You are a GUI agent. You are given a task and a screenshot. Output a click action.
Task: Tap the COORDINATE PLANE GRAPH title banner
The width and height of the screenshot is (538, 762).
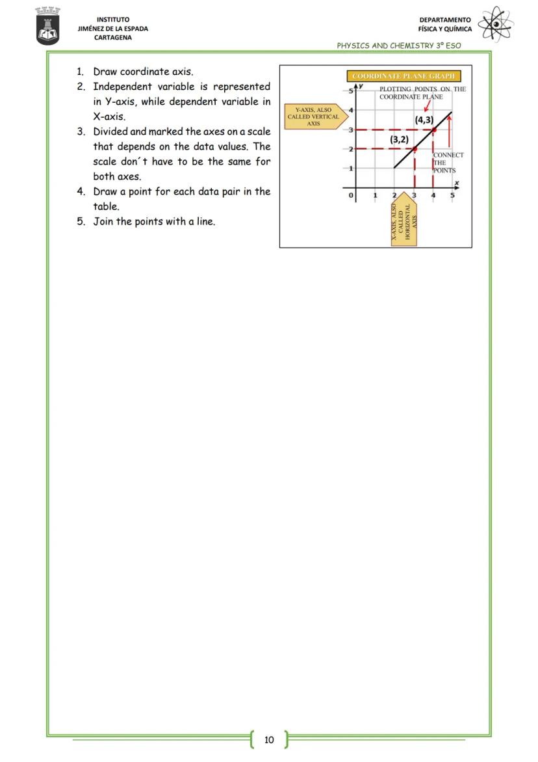[x=403, y=76]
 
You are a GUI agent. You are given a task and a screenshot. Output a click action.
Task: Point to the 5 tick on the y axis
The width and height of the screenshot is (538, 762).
[x=350, y=90]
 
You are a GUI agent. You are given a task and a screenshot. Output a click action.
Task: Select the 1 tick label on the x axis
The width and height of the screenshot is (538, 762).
[x=375, y=195]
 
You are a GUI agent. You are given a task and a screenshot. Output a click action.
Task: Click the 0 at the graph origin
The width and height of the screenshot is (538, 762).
[x=352, y=195]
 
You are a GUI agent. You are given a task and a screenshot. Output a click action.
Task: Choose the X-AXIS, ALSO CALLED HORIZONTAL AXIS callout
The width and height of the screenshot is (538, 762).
[x=403, y=223]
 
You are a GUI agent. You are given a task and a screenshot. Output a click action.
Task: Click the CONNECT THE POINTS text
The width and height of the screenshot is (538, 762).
[x=448, y=163]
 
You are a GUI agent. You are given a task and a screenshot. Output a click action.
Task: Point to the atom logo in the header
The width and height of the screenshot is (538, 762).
[x=496, y=25]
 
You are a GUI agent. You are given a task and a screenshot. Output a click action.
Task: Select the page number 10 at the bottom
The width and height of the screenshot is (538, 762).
[x=269, y=739]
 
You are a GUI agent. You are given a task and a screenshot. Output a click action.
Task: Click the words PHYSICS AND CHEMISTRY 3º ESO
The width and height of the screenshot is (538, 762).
[x=398, y=46]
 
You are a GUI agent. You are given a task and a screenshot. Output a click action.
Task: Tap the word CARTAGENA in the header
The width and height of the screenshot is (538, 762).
[x=112, y=38]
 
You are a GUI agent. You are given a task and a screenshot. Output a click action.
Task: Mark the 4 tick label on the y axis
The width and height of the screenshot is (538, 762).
[x=351, y=109]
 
